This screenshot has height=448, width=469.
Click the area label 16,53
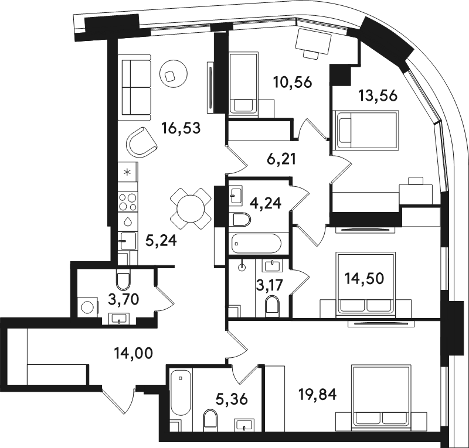[181, 128]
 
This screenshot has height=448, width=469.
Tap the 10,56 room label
[293, 82]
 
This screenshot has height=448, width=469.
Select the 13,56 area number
[378, 95]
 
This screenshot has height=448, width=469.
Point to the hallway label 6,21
[281, 159]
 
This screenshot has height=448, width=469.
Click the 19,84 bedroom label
[318, 394]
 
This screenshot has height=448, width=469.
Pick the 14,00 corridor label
[134, 353]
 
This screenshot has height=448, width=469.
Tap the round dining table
[191, 208]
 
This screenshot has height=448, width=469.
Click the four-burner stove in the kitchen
[128, 202]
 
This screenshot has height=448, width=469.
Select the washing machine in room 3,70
[89, 307]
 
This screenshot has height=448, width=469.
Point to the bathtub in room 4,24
[256, 243]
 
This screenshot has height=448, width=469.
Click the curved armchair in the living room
[141, 142]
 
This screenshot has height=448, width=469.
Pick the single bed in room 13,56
[367, 130]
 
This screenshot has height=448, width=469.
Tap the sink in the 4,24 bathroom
[236, 195]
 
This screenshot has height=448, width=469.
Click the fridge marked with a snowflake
[128, 172]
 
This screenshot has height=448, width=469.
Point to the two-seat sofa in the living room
[134, 87]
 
